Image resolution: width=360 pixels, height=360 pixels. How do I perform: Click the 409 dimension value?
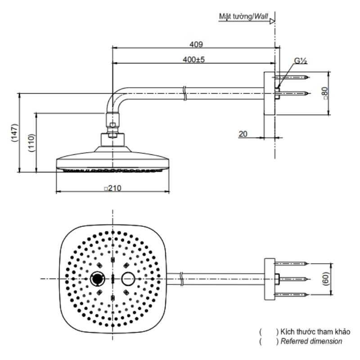click(196, 44)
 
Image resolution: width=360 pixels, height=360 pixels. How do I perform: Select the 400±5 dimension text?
click(193, 60)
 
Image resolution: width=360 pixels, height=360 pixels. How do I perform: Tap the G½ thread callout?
click(301, 61)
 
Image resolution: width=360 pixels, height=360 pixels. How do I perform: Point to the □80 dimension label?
click(325, 93)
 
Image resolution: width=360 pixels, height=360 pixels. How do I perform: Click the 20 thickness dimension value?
click(243, 134)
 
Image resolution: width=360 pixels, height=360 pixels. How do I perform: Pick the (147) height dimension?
click(14, 133)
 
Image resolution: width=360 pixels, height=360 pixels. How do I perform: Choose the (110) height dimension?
click(31, 142)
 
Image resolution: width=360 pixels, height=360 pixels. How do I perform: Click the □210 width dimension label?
click(112, 188)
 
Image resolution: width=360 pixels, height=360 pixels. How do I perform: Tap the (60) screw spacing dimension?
click(325, 279)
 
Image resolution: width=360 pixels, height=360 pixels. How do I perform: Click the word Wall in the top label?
click(261, 16)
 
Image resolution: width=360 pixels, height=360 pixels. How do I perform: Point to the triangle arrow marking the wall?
click(272, 22)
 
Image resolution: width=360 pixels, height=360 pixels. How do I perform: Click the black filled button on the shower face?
click(97, 279)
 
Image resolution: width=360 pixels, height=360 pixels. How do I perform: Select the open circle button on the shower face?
click(128, 279)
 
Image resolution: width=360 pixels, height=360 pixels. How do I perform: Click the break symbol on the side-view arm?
click(184, 93)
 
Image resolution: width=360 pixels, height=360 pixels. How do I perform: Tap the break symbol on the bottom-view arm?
click(181, 279)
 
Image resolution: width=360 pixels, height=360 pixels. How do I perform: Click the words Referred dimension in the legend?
click(311, 341)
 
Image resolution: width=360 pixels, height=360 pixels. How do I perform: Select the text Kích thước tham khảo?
click(315, 332)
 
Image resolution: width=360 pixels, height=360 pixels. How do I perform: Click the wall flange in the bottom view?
click(270, 279)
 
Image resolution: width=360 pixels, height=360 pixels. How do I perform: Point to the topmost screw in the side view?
click(291, 77)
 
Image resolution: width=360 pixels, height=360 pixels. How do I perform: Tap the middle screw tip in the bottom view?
click(307, 279)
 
